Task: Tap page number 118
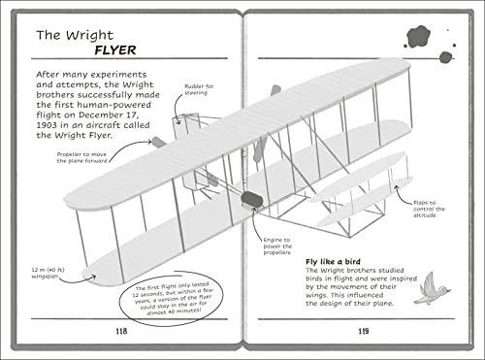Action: coord(121,332)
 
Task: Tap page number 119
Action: coord(363,332)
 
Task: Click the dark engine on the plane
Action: coord(252,200)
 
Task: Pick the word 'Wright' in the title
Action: coord(90,36)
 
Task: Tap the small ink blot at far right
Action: coord(445,57)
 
